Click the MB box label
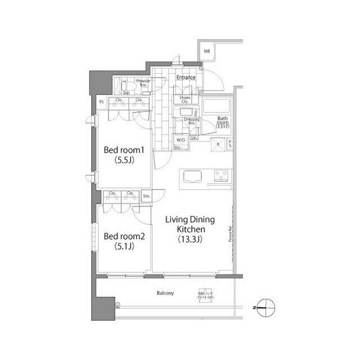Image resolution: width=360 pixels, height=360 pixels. click(x=207, y=51)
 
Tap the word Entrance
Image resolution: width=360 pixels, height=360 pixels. click(x=186, y=78)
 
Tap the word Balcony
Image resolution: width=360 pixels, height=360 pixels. click(x=164, y=293)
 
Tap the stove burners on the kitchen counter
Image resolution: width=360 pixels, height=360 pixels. click(x=221, y=175)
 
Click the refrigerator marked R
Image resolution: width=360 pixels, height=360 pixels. click(x=219, y=145)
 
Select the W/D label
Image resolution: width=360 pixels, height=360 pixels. click(x=181, y=140)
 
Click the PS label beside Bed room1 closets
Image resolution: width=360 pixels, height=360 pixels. click(x=102, y=102)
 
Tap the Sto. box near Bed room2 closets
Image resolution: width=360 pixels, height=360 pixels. click(x=146, y=196)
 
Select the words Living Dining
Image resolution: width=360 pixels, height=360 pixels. click(x=191, y=220)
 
